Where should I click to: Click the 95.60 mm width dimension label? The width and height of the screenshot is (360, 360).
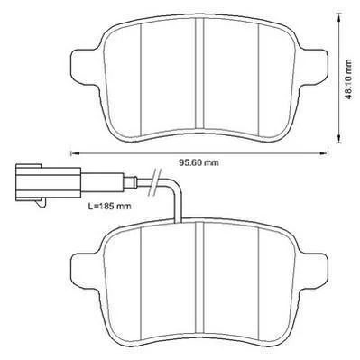[x=198, y=162]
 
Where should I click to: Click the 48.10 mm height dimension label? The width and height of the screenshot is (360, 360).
[x=348, y=79]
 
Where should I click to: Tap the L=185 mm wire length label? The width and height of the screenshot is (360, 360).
[x=109, y=207]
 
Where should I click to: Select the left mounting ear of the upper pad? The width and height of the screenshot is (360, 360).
[x=85, y=67]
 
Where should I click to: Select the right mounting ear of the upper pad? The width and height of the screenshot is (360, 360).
[x=312, y=67]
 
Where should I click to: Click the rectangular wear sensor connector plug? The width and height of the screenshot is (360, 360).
[x=48, y=182]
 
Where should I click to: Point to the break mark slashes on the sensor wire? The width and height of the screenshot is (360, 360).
[x=155, y=182]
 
